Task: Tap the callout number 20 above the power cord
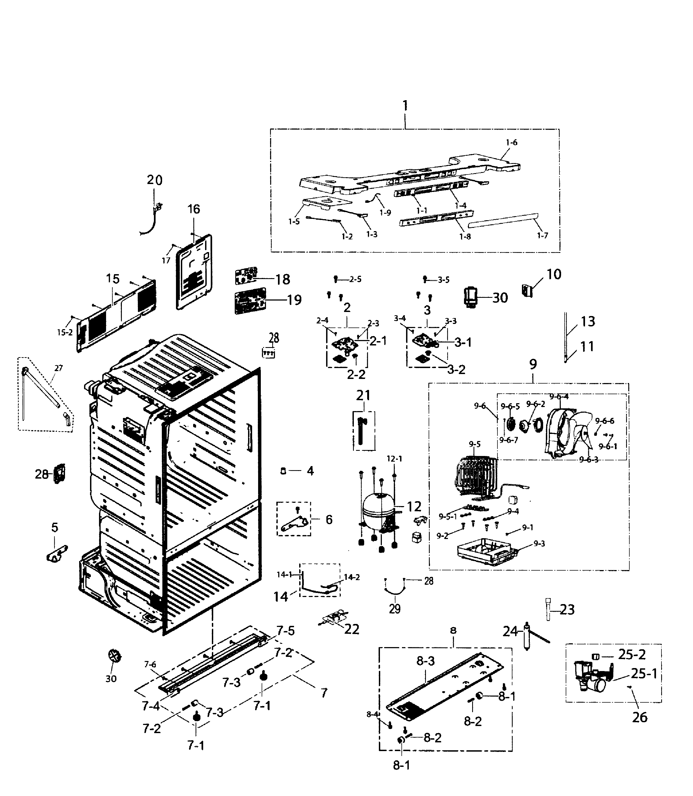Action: coord(155,180)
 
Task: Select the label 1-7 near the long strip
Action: coord(543,235)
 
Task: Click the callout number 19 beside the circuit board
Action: coord(294,300)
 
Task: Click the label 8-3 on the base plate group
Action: coord(425,661)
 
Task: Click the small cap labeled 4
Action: coord(283,471)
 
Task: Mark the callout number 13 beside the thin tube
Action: coord(588,321)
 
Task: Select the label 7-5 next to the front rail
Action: coord(285,631)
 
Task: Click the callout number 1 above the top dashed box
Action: coord(405,106)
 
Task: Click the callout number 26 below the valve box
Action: coord(640,717)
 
